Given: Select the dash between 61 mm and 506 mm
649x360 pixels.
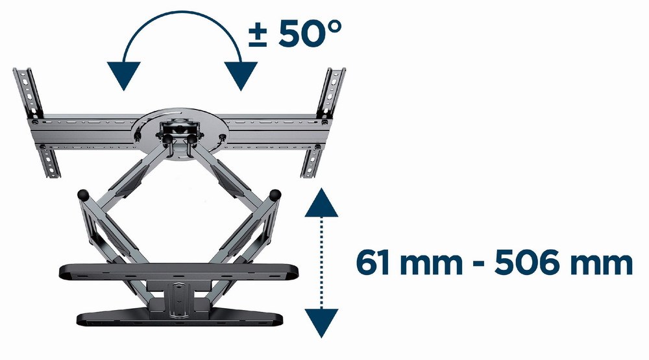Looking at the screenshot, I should (477, 266).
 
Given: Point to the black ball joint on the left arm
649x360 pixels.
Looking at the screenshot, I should (83, 193).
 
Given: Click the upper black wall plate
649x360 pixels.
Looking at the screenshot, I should (178, 272).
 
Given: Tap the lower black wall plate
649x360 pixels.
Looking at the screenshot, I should (178, 318).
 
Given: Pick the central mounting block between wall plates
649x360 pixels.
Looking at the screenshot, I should (179, 295).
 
